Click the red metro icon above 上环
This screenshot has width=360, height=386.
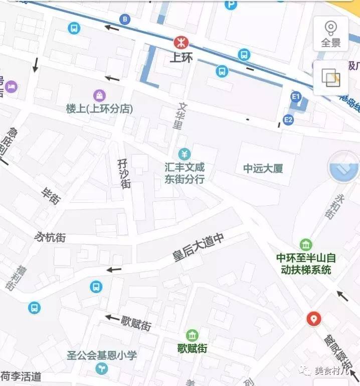point(179,42)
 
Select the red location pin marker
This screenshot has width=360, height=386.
point(314,318)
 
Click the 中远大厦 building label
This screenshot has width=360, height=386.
point(263,169)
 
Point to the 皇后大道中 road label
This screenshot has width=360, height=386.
point(198,247)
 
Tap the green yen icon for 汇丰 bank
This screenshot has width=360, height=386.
point(185,154)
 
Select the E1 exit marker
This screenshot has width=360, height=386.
point(296,96)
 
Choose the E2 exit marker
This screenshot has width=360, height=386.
point(288,119)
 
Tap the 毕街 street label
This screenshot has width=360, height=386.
point(51,195)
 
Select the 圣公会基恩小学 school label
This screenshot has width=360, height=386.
point(102,355)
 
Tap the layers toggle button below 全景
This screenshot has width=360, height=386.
point(331,78)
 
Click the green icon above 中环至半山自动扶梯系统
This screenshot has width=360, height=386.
point(306,245)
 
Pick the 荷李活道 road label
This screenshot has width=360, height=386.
point(21,376)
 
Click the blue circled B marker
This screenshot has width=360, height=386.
point(124,20)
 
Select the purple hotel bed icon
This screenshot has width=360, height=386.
point(11,87)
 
